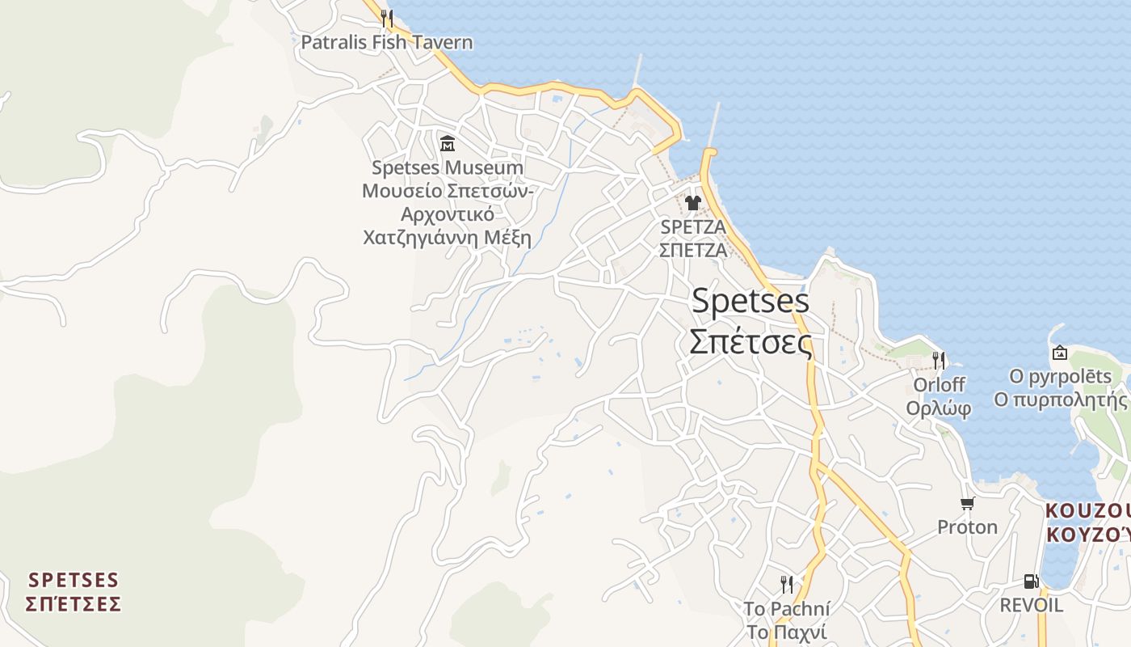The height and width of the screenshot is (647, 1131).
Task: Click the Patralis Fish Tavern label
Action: [x=386, y=42]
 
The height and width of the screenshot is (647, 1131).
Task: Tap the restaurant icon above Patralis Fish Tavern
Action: [x=387, y=18]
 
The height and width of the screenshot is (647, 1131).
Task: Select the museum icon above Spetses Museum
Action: [x=447, y=143]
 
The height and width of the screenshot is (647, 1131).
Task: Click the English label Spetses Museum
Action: [x=447, y=168]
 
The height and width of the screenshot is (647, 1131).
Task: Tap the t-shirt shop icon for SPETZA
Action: [x=692, y=202]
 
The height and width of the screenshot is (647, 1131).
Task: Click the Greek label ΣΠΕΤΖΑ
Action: [x=692, y=250]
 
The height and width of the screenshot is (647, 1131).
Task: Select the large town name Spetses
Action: [x=750, y=301]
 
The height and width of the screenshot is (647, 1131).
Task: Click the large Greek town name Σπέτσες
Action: [x=750, y=342]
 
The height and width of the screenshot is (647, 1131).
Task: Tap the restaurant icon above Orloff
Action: [x=938, y=360]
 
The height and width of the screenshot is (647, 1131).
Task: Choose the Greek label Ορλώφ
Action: [x=938, y=408]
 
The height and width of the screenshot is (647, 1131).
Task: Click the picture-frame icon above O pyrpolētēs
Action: [x=1060, y=353]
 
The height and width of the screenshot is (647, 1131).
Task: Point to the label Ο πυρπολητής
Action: [x=1060, y=400]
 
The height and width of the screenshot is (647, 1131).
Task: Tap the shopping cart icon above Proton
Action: [x=967, y=504]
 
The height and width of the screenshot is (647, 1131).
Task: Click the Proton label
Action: [x=967, y=527]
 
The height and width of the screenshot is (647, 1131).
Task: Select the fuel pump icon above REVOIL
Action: [x=1031, y=581]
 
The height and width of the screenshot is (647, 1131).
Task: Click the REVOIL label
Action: [x=1031, y=605]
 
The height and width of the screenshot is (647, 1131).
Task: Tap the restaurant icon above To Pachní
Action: [x=786, y=584]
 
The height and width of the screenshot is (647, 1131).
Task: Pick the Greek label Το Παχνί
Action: [x=786, y=632]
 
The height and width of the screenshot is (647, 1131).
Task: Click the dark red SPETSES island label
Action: [x=74, y=581]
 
